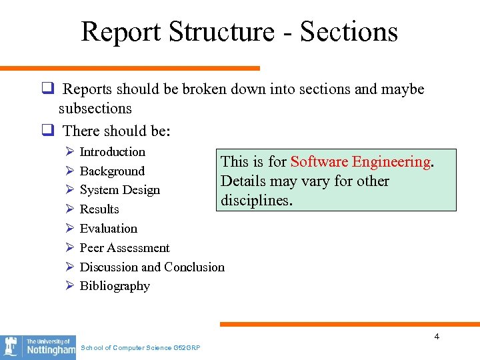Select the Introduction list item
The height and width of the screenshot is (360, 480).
[112, 152]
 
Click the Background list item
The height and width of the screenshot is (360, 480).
[112, 171]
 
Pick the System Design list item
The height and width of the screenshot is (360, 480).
[119, 190]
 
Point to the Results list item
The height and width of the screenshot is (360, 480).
[99, 209]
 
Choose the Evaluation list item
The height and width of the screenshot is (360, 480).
[108, 229]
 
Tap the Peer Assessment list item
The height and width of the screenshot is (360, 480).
[125, 248]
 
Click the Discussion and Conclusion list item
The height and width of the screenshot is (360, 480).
[152, 267]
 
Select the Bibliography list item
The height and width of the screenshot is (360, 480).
[115, 286]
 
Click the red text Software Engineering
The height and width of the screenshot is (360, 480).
[360, 162]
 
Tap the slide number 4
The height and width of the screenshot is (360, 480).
[437, 337]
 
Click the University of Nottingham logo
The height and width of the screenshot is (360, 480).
[38, 347]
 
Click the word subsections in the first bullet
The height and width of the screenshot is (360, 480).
[95, 108]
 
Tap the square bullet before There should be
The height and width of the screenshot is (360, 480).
[47, 131]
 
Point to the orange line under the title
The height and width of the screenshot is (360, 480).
[130, 67]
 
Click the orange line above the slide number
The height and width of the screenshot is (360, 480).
[349, 325]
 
